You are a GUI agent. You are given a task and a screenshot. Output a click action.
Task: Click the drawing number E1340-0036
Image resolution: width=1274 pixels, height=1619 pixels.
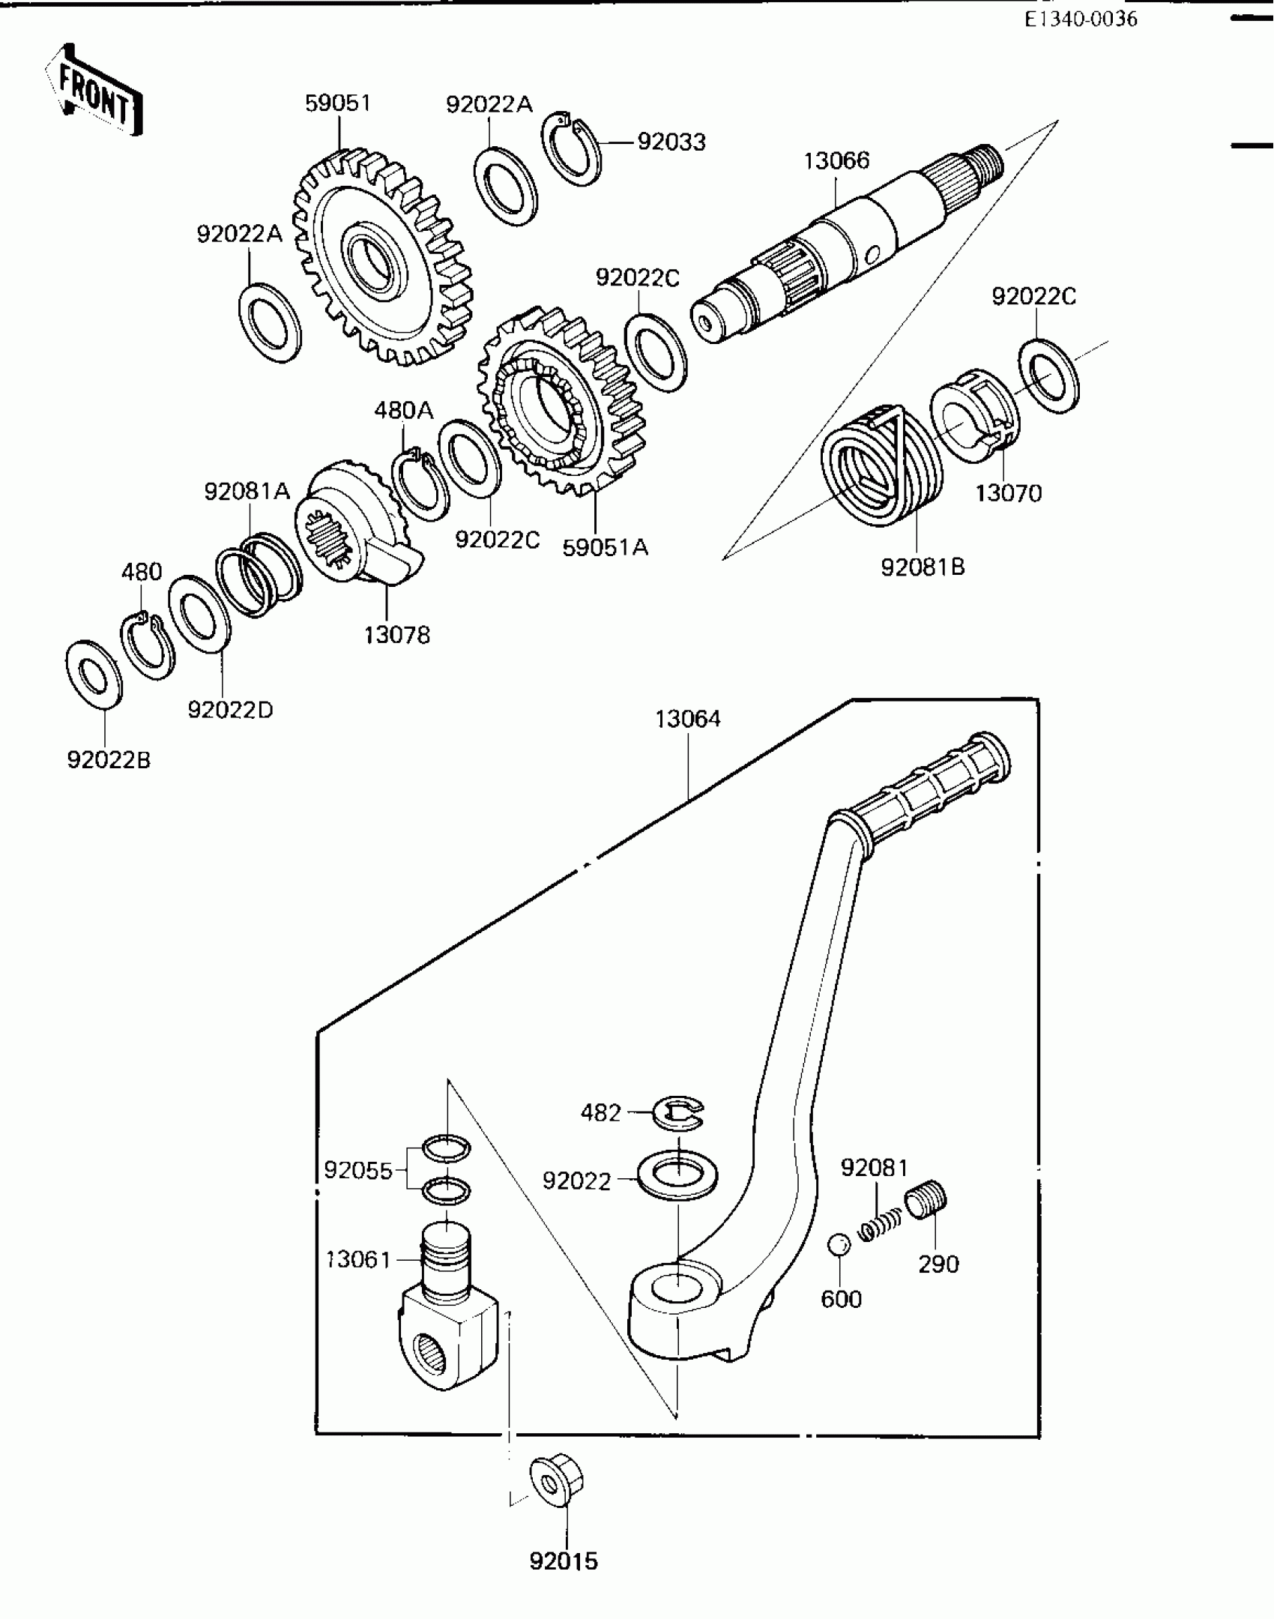[1081, 19]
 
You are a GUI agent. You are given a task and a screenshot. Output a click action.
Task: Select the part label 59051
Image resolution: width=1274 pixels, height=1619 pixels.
[338, 103]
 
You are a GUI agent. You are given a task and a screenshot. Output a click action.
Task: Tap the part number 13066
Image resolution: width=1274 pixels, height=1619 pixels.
[836, 160]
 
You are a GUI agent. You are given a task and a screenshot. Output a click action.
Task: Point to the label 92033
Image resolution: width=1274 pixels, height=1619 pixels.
[671, 142]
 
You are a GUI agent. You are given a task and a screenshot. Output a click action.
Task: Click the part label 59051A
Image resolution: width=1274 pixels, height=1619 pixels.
[606, 547]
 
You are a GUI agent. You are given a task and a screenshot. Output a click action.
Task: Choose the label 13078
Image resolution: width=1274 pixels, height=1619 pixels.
[397, 635]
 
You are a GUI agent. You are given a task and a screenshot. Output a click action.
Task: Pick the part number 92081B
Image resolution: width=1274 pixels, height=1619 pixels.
[923, 567]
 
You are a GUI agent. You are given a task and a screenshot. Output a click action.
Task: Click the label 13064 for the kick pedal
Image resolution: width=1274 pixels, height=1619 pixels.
[687, 719]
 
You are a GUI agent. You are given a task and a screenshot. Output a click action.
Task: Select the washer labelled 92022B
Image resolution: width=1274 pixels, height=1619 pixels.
[94, 675]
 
